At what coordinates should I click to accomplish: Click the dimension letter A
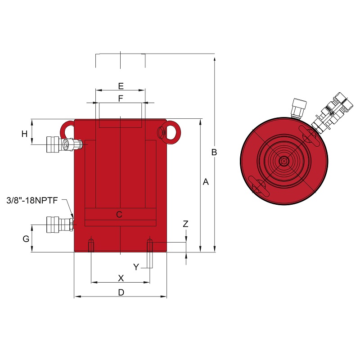coord(206,182)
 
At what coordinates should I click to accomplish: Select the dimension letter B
coord(214,152)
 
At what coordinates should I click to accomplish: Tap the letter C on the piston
coord(119,215)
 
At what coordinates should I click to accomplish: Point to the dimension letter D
coord(121,292)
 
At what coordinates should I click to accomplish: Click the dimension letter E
coord(121,86)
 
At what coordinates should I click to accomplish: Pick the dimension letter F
coord(121,98)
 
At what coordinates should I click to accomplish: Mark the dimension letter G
coord(26,239)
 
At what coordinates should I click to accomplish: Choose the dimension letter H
coord(24,134)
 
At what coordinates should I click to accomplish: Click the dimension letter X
coord(121,278)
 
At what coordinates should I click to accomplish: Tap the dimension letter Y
coord(136,267)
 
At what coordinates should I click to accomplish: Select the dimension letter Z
coord(185,224)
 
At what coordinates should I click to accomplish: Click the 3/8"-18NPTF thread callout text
coord(32,200)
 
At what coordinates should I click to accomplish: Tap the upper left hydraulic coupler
coord(64,144)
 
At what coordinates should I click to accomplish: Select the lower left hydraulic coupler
coord(60,225)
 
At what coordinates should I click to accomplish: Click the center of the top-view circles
coord(284,161)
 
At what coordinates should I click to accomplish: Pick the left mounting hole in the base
coord(91,245)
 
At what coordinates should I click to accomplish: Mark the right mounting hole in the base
coord(150,245)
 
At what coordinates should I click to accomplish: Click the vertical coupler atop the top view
coord(298,108)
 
